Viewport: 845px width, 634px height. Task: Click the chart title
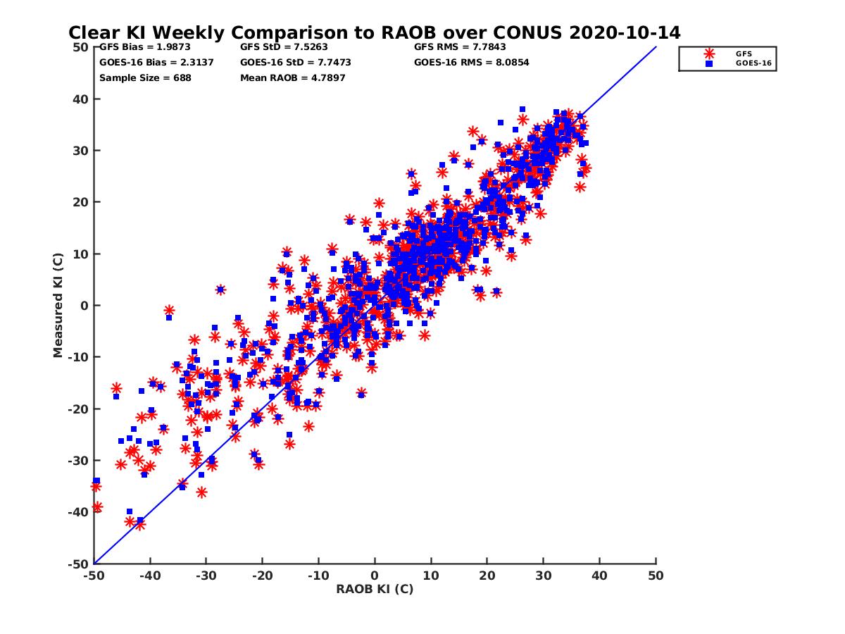click(374, 32)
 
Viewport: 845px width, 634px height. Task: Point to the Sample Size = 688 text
click(145, 77)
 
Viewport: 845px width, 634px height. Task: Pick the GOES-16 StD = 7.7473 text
click(296, 62)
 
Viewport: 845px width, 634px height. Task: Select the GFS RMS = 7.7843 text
click(460, 47)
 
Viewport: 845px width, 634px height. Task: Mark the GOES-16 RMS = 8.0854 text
click(472, 62)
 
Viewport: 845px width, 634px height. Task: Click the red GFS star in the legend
click(709, 54)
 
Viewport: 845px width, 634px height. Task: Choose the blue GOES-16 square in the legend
click(709, 63)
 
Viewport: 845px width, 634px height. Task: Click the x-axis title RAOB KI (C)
click(375, 589)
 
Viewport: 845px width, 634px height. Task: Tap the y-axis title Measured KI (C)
click(58, 305)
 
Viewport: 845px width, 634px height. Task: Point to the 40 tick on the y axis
click(82, 99)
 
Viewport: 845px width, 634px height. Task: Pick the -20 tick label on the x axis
click(262, 576)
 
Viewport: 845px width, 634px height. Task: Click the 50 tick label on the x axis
click(656, 576)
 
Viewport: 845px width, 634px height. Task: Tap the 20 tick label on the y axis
click(82, 202)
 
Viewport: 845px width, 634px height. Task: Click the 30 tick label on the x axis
click(543, 576)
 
